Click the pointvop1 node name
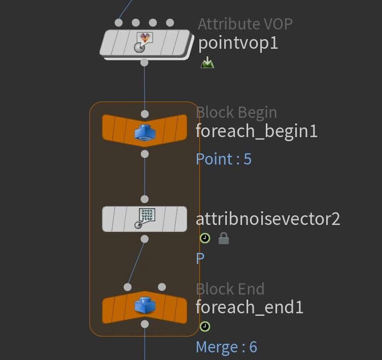click(x=238, y=43)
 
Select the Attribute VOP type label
click(x=245, y=24)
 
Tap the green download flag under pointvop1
click(x=207, y=63)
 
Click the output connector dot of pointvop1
click(x=145, y=62)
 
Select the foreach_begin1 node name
click(x=257, y=132)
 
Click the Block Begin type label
click(x=236, y=112)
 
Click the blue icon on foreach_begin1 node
click(x=145, y=133)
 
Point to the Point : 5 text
click(x=224, y=159)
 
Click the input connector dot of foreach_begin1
click(x=145, y=114)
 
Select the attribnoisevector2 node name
click(x=268, y=219)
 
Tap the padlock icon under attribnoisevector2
click(x=223, y=238)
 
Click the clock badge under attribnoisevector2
click(x=205, y=238)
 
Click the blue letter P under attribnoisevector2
click(x=200, y=258)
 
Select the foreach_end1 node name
click(x=250, y=307)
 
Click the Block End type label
click(x=230, y=289)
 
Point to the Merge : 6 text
click(x=226, y=347)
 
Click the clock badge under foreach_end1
click(x=205, y=326)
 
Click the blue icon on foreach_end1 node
click(x=145, y=306)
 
